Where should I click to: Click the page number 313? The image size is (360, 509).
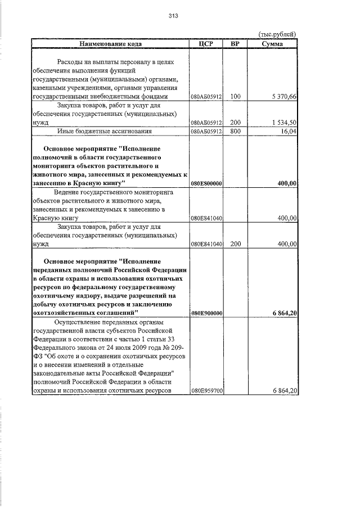173,16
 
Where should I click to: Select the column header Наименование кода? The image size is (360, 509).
110,43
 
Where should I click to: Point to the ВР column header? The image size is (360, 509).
235,43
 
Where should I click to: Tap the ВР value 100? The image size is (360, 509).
235,97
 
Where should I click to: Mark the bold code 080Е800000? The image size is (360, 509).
207,183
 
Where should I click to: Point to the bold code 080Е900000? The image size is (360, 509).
207,313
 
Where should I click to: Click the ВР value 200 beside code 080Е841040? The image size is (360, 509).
235,244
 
